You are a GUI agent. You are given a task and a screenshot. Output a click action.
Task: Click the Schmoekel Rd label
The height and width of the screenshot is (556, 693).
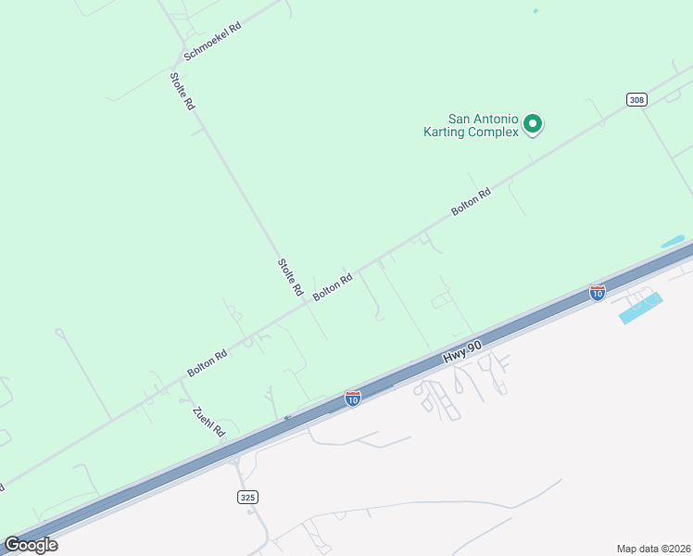(x=212, y=42)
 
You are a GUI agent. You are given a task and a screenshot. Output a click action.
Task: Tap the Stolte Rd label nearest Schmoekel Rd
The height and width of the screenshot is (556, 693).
(x=183, y=92)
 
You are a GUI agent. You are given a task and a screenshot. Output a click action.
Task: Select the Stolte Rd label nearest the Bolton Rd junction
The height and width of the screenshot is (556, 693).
(x=291, y=277)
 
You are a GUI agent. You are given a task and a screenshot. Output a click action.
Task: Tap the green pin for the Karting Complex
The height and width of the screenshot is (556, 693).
(x=533, y=123)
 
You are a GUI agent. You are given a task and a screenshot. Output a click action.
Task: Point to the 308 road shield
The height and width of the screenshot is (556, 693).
(x=636, y=100)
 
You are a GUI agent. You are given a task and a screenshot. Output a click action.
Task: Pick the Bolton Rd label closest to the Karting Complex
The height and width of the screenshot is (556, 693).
(x=471, y=202)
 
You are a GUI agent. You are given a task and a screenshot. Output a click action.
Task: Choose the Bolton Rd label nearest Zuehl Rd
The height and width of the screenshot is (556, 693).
(x=208, y=361)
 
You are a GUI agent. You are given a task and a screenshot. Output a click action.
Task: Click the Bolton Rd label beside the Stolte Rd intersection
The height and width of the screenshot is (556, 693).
(x=333, y=285)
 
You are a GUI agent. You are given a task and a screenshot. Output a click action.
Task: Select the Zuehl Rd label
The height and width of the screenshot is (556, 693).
(x=208, y=422)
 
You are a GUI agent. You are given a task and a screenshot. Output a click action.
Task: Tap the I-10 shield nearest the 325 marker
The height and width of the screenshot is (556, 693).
(x=353, y=398)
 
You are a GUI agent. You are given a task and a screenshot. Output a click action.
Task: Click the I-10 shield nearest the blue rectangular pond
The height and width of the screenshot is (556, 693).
(x=598, y=293)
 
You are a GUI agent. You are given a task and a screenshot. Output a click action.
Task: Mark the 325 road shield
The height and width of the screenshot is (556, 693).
(x=246, y=498)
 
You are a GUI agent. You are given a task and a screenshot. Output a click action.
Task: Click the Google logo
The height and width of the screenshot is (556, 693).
(x=31, y=544)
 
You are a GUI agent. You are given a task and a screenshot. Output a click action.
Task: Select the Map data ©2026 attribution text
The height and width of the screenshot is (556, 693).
(x=654, y=548)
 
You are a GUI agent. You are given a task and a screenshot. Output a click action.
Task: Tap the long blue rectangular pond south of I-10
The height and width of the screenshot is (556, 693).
(x=641, y=309)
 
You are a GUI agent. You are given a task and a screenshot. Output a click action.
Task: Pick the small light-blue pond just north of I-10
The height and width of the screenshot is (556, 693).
(x=673, y=242)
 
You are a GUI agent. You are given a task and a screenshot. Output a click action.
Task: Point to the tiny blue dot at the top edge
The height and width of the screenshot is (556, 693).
(x=535, y=11)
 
